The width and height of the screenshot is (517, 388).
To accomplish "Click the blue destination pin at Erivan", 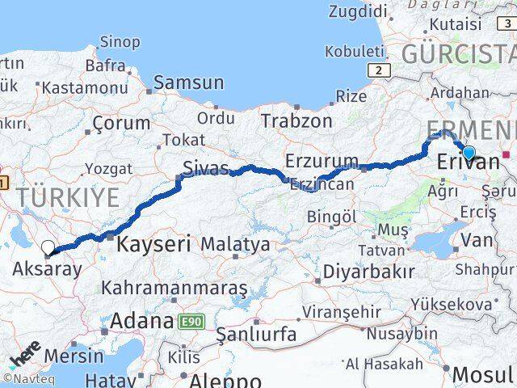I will [x=469, y=152].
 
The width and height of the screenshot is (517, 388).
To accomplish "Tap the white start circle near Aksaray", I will [x=48, y=248].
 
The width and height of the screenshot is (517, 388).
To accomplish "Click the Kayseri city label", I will [x=154, y=242].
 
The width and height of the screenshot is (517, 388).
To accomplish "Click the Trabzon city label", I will [x=296, y=120].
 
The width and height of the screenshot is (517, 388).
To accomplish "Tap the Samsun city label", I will [x=189, y=82].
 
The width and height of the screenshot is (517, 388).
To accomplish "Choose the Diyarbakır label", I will [x=368, y=271].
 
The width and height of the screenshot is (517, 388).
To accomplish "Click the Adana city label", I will [x=141, y=320].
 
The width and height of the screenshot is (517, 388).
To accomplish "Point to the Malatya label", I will [x=235, y=243].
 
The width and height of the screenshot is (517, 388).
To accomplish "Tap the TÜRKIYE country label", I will [x=69, y=196].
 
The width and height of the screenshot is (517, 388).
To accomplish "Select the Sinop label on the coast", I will [x=120, y=42].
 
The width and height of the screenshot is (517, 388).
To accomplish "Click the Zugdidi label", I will [x=359, y=11].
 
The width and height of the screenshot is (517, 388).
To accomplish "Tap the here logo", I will [x=26, y=356].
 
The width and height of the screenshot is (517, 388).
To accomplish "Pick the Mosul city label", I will [x=482, y=373].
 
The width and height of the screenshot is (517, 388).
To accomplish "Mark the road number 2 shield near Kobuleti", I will [x=377, y=70].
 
